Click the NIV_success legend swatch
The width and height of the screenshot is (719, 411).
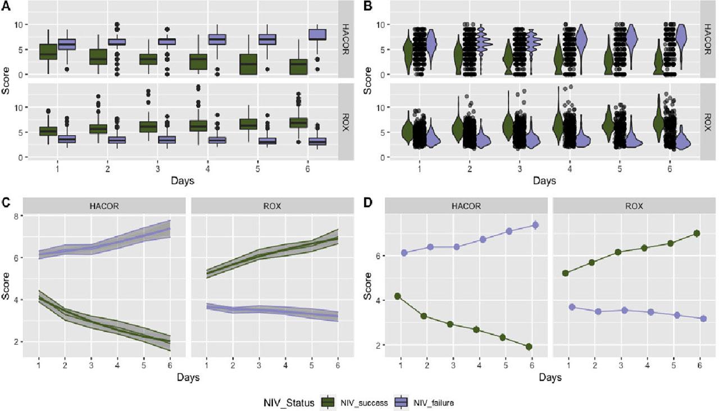point(329,402)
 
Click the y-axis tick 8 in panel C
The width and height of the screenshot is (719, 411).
point(17,216)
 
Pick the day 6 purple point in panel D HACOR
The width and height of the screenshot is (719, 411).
point(535,225)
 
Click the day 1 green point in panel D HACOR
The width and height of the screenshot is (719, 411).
point(398,296)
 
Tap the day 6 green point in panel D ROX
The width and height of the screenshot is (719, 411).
point(697,233)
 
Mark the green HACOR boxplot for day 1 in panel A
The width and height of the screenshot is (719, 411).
point(48,52)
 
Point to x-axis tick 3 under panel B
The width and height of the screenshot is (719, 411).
point(520,168)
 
